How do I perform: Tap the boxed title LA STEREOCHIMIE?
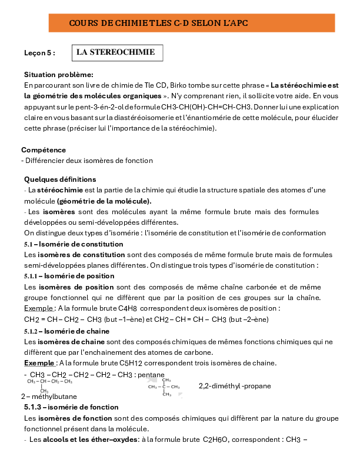(115, 52)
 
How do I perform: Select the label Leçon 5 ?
(39, 53)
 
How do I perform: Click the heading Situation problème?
(58, 75)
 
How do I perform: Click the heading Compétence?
(44, 150)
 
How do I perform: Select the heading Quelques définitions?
(60, 179)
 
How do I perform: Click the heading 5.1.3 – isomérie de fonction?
(71, 407)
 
